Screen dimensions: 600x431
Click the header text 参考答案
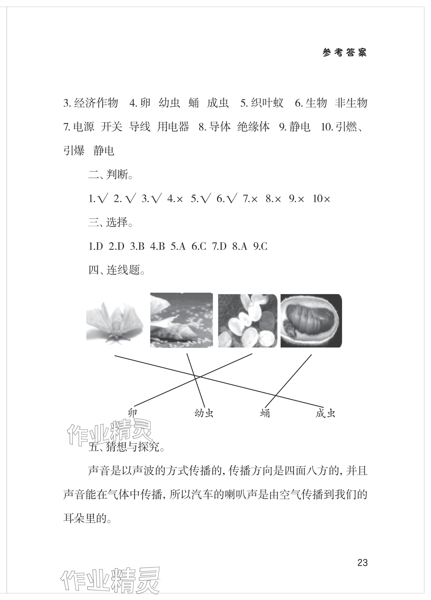click(344, 53)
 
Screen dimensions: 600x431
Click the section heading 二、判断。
click(111, 175)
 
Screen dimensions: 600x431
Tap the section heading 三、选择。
click(111, 222)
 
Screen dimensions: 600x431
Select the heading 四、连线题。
click(117, 270)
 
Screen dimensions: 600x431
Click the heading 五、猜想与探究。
click(126, 447)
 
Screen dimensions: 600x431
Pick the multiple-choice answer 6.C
click(198, 247)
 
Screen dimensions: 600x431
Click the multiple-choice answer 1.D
click(96, 247)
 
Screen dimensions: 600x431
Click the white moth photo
click(114, 321)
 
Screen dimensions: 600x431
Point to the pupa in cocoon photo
click(311, 321)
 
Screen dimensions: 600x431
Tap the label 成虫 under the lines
click(325, 413)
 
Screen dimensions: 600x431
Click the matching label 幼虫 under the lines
click(204, 413)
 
